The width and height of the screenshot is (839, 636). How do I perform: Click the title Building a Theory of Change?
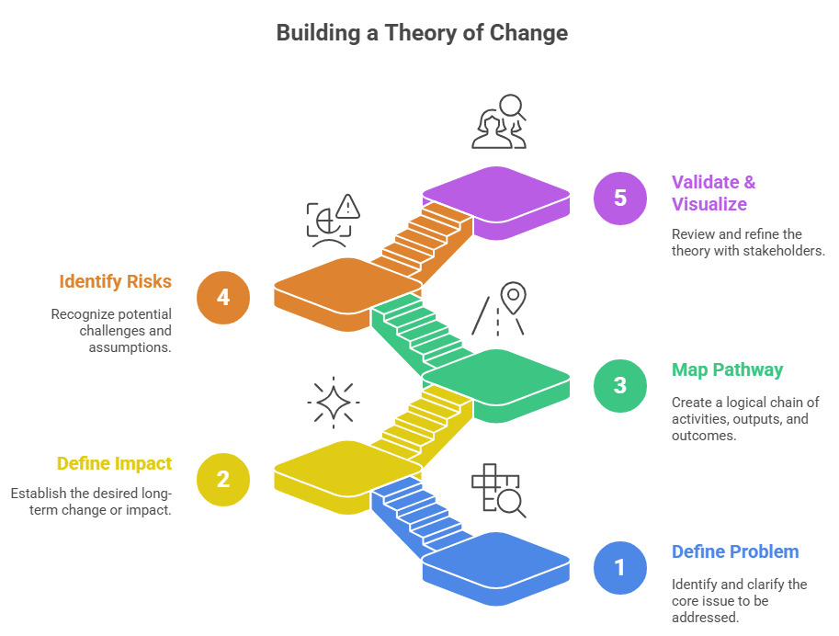(x=422, y=34)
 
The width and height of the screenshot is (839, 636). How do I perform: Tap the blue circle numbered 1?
(x=619, y=567)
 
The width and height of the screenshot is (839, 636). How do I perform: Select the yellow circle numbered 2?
(x=222, y=479)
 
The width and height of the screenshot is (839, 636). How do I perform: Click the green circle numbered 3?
(x=619, y=384)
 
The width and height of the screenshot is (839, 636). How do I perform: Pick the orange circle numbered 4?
(x=222, y=297)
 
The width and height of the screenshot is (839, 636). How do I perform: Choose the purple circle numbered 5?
(x=619, y=198)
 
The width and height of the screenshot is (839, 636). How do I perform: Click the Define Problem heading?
(x=735, y=552)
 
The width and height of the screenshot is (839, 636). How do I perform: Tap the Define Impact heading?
(x=114, y=464)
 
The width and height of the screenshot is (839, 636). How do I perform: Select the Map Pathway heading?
(x=727, y=370)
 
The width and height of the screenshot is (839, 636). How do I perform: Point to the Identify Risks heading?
(x=116, y=281)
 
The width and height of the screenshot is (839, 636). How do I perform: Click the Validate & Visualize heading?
(x=714, y=193)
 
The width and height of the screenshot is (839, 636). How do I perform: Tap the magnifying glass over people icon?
(x=499, y=121)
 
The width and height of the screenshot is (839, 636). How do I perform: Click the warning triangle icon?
(x=347, y=207)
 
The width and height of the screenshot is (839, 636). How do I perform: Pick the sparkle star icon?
(x=333, y=403)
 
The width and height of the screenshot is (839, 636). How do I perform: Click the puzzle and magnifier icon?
(x=497, y=491)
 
